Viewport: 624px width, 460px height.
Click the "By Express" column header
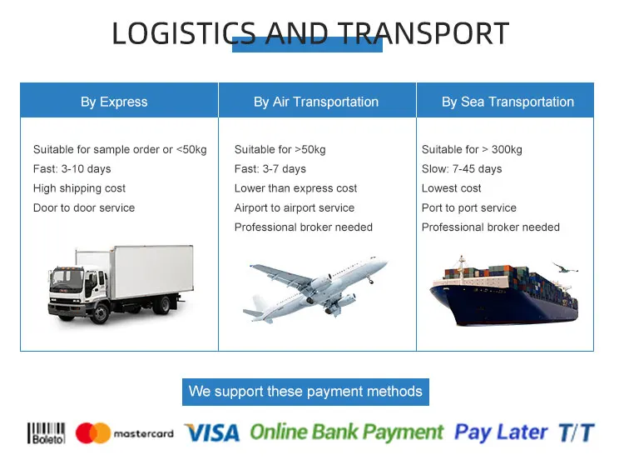[x=114, y=102]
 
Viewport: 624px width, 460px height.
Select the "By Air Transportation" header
[x=316, y=102]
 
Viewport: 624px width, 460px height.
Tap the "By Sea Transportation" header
[x=508, y=102]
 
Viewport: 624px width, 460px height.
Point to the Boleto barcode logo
[x=46, y=433]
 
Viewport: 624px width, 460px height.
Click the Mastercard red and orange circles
[x=92, y=432]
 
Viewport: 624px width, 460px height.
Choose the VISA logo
[x=212, y=432]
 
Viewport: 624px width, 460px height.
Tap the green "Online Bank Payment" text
[x=347, y=432]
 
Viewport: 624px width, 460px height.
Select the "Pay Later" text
[x=501, y=432]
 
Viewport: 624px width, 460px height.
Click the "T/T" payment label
[x=577, y=432]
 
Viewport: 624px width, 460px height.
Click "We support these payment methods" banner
[x=305, y=392]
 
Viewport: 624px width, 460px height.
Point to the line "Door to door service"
[x=84, y=207]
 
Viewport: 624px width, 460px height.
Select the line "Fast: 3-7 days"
[x=270, y=169]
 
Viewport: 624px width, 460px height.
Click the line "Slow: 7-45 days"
[x=462, y=169]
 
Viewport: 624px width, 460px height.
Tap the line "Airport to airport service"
[x=294, y=207]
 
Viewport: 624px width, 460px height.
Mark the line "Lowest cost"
[x=451, y=188]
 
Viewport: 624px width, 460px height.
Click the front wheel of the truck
[x=101, y=313]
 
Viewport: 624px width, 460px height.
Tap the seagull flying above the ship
[x=564, y=267]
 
